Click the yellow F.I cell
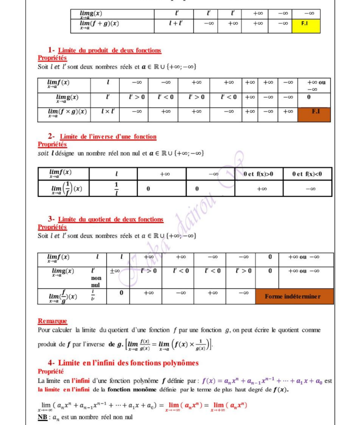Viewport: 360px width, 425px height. (305, 23)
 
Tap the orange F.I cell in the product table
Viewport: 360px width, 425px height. (315, 112)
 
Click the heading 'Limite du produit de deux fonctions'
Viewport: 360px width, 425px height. (109, 50)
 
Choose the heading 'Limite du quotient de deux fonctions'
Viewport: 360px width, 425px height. (110, 219)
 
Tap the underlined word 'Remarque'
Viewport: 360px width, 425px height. (52, 321)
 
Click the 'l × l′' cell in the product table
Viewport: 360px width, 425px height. (107, 112)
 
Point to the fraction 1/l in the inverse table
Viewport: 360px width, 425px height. (116, 189)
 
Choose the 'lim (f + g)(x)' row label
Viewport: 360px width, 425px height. (99, 24)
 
